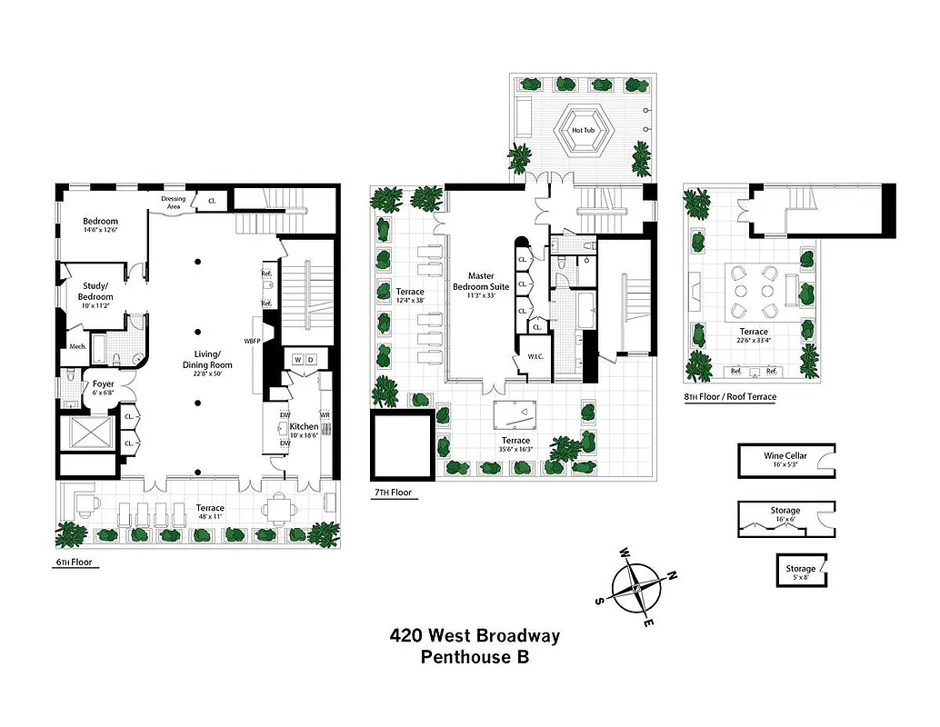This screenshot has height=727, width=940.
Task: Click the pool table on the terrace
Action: point(515,415)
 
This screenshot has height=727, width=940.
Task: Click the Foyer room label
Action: point(103,383)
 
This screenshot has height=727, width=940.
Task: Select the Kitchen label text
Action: point(304,426)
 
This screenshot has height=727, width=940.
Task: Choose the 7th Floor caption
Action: point(392,493)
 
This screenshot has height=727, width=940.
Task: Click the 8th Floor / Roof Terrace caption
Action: point(730,397)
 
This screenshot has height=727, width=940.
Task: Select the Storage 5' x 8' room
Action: point(801,573)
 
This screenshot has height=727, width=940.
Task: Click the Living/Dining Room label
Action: point(207,360)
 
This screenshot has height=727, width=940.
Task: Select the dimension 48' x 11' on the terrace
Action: point(205,517)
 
